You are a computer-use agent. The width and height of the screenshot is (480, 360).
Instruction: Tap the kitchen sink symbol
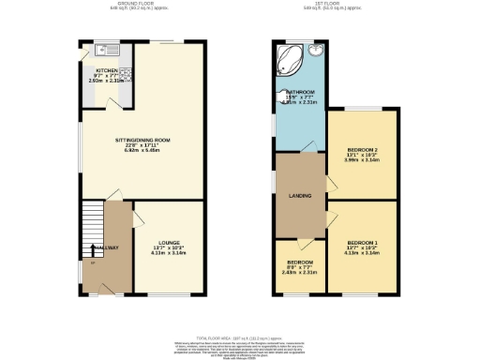point(103,47)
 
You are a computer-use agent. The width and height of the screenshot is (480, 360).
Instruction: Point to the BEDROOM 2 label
point(362,151)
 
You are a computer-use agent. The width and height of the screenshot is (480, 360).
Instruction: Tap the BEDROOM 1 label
point(362,241)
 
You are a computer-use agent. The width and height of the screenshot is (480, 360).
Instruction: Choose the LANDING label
point(299,196)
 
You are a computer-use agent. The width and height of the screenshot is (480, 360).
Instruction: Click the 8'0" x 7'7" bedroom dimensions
point(300,267)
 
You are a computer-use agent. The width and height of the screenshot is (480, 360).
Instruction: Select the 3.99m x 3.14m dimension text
point(362,162)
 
